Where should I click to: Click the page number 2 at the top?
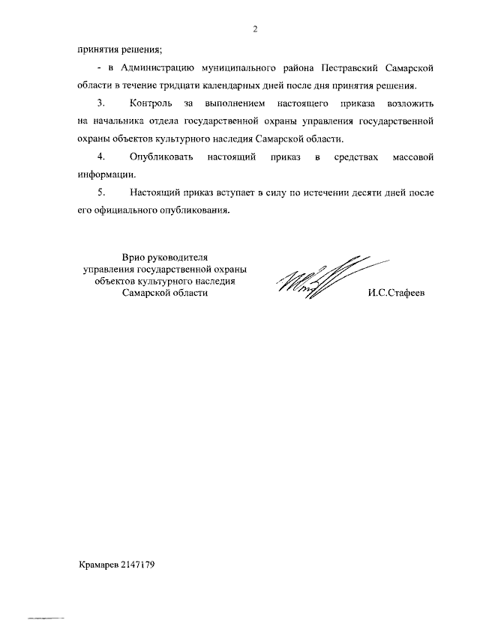(x=255, y=29)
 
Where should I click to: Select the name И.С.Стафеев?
(x=396, y=294)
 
